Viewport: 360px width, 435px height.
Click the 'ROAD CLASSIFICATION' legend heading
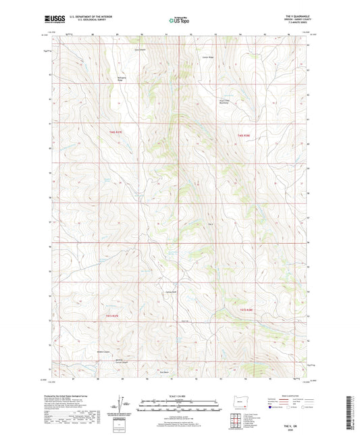pos(287,396)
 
